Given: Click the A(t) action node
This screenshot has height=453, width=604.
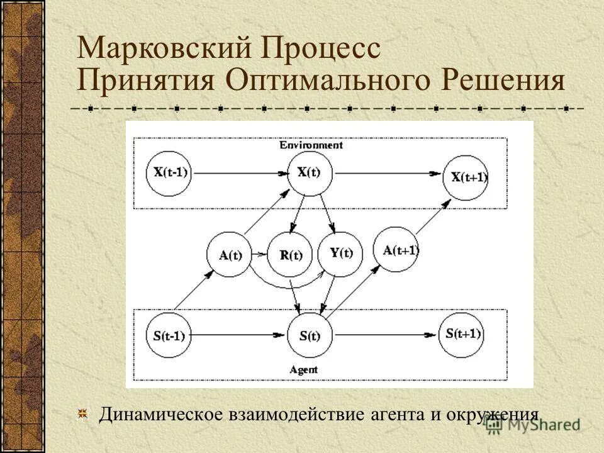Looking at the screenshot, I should (x=230, y=255).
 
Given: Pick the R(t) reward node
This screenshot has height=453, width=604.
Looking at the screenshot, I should (x=290, y=255).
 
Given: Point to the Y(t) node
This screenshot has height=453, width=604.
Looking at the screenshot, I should (x=340, y=253).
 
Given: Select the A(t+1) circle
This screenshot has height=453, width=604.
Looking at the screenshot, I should (x=400, y=249).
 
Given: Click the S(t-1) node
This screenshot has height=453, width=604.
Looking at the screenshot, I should (x=168, y=335).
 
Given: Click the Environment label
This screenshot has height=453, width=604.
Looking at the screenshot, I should (x=311, y=145).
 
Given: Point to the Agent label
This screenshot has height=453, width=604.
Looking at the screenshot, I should (x=304, y=369).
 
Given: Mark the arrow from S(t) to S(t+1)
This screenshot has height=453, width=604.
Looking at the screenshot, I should (x=384, y=335).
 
